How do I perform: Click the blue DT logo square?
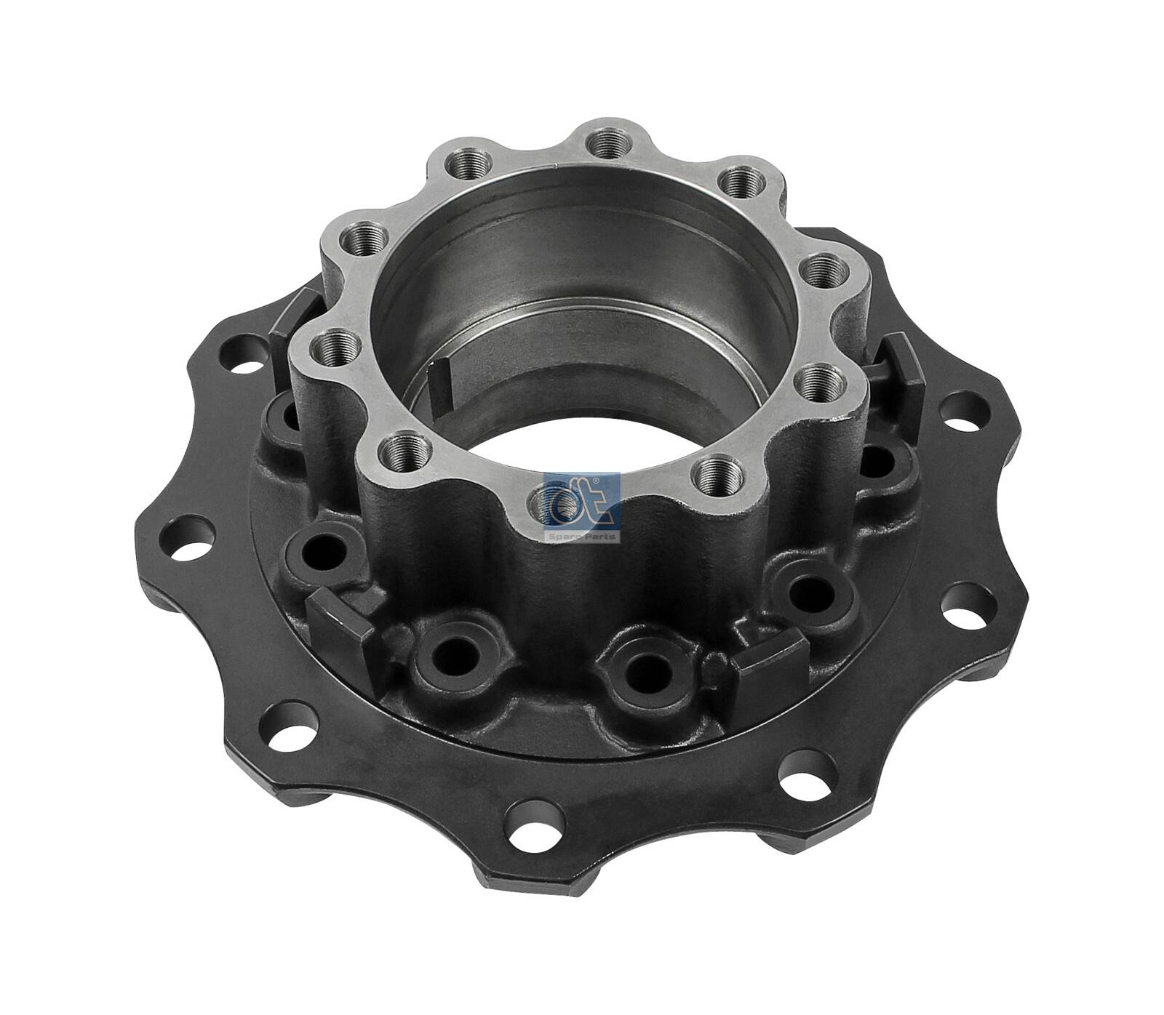pyautogui.click(x=582, y=501)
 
